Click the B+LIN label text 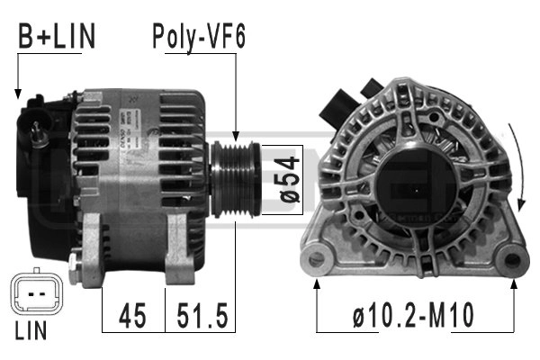[x=56, y=37]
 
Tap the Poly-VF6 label [x=198, y=37]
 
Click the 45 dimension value [x=132, y=316]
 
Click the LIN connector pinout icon [x=32, y=296]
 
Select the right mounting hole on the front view [x=512, y=260]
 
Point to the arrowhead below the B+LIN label [x=17, y=92]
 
